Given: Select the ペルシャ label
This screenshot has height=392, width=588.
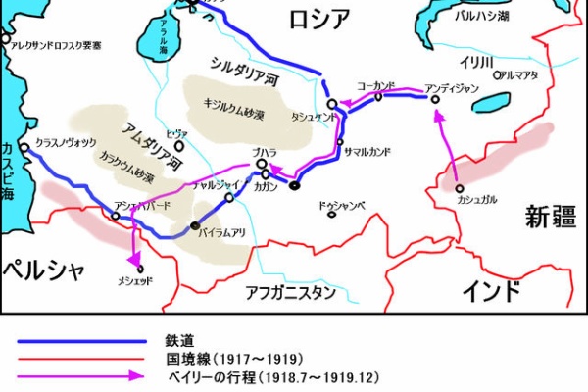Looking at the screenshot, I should click(44, 270).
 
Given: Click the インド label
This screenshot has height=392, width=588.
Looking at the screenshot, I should click(489, 290).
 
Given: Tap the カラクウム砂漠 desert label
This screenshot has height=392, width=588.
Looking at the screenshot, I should click(125, 167).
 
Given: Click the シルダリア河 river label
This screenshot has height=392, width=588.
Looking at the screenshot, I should click(246, 70).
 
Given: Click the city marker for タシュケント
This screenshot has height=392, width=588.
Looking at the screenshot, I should click(332, 103).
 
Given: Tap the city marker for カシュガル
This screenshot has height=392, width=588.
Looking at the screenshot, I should click(460, 187).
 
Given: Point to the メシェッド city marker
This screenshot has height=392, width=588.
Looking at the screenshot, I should click(139, 269).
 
